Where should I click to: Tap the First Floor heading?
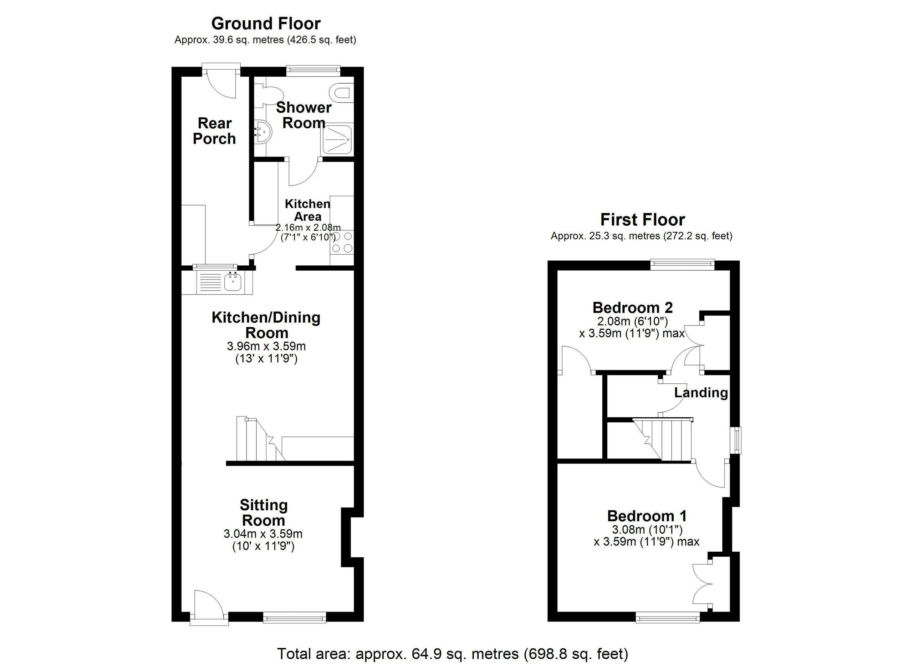pos(642,220)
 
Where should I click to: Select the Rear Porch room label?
pos(214,131)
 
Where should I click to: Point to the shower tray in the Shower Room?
pos(338,139)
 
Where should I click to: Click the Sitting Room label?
pos(264,512)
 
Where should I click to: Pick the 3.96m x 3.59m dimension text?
pos(266,346)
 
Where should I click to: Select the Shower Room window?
pos(313,70)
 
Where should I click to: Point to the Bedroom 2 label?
pos(632,307)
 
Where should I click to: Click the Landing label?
pos(701,392)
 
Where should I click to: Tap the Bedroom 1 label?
pos(647,516)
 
